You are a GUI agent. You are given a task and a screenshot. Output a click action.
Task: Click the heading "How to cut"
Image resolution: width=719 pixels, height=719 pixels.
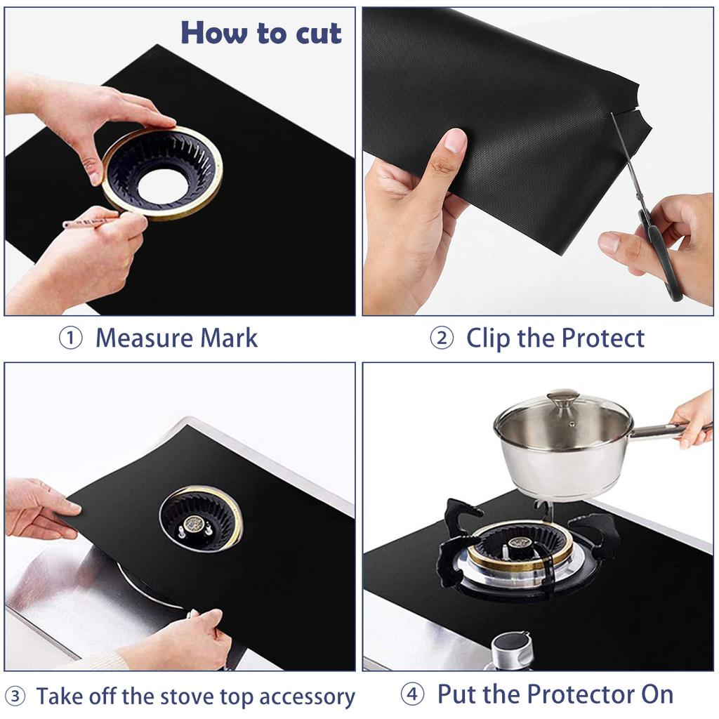click(x=260, y=33)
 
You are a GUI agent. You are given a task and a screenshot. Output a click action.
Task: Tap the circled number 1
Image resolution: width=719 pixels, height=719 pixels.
click(x=70, y=338)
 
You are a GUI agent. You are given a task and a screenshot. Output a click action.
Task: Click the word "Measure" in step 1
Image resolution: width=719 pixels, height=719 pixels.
click(x=144, y=338)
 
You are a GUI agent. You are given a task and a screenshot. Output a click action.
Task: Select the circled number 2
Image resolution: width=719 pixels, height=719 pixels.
click(x=442, y=338)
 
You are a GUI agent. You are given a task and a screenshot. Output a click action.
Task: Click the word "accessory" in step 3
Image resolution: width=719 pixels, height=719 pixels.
click(x=307, y=698)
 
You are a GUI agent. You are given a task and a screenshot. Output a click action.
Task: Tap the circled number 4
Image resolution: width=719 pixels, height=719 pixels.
click(x=413, y=695)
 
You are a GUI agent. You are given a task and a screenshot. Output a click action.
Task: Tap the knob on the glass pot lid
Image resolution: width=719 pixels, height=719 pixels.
click(x=562, y=399)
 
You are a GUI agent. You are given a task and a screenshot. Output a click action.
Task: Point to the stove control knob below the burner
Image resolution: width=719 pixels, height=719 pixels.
click(x=511, y=649)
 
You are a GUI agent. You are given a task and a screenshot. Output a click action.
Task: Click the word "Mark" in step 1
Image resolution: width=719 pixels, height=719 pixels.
click(x=230, y=338)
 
